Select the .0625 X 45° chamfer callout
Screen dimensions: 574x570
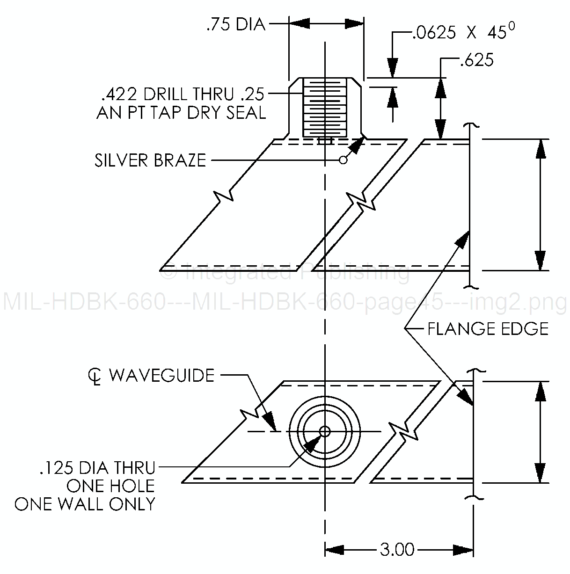point(464,32)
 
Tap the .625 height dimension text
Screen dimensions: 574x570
point(477,60)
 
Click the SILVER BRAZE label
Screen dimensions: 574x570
point(150,160)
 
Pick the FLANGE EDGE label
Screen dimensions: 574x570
point(488,329)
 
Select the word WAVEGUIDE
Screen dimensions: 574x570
point(161,375)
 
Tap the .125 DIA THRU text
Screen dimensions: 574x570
point(97,467)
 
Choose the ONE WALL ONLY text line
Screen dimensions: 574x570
point(85,504)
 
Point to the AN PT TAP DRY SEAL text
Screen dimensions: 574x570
point(181,113)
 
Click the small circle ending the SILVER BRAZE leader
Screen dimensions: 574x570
point(343,160)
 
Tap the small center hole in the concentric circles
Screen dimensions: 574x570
point(325,431)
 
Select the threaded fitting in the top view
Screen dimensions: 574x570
point(325,108)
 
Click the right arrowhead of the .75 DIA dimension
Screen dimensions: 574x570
point(355,23)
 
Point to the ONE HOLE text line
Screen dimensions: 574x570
point(110,486)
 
